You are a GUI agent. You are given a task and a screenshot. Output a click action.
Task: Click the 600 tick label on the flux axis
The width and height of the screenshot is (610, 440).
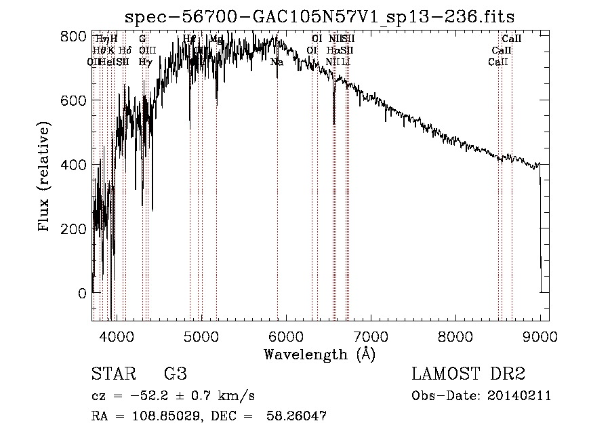point(74,100)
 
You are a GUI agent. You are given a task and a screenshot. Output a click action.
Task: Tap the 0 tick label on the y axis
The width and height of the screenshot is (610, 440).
point(82,294)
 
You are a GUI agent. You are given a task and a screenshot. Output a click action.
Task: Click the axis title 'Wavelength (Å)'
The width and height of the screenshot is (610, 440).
point(319,354)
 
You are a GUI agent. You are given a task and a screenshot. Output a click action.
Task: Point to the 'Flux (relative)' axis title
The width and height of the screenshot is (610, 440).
point(45,178)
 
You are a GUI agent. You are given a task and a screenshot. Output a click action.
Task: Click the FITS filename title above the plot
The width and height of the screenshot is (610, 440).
point(321,18)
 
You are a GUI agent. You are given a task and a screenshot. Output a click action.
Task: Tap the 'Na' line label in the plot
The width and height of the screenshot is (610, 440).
point(277,62)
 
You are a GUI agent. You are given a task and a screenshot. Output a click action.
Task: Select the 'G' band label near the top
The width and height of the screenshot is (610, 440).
point(142,39)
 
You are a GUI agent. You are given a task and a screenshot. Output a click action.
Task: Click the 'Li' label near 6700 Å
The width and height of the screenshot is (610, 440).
point(346,62)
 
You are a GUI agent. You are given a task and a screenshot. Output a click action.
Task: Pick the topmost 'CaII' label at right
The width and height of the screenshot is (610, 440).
point(511,39)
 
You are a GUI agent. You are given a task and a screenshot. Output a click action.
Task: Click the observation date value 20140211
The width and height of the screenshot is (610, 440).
point(522,396)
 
